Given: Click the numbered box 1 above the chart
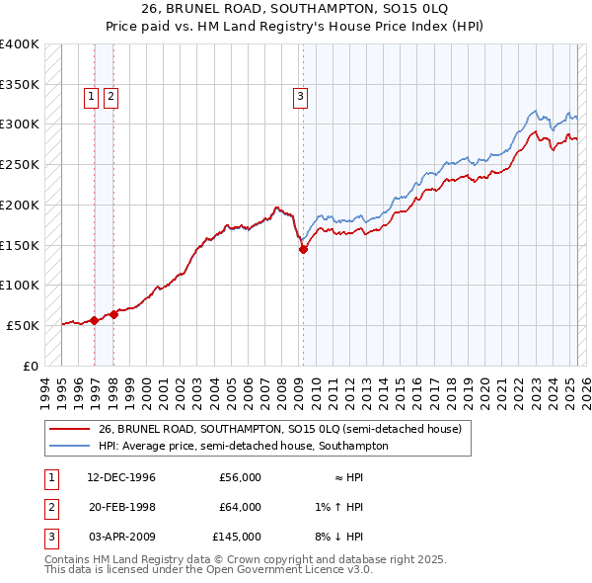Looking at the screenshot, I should (x=91, y=97).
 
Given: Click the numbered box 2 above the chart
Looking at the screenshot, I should (x=110, y=97).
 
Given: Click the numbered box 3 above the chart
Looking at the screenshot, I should (x=299, y=97).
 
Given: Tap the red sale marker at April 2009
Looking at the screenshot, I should (x=303, y=249).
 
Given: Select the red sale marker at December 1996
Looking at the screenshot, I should (x=94, y=320).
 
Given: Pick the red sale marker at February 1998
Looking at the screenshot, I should (x=113, y=314).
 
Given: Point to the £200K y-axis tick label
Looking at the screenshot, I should (x=20, y=205).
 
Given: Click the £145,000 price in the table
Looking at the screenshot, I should (x=237, y=537).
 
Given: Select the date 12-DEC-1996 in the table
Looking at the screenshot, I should (x=121, y=477).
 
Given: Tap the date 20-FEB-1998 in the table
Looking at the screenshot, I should (x=121, y=507).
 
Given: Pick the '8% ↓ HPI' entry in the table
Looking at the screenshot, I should (x=338, y=537).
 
